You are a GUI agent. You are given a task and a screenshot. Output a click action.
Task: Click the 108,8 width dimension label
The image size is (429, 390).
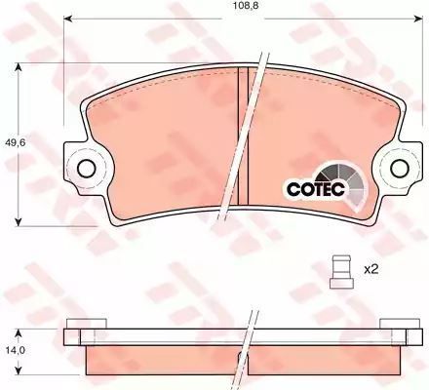(x=244, y=6)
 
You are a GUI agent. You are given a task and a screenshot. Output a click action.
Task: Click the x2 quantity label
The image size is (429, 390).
(x=371, y=269)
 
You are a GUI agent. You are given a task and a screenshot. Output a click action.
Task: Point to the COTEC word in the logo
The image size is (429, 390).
(x=315, y=189)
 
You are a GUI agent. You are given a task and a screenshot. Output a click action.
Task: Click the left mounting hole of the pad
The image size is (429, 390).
(x=87, y=169)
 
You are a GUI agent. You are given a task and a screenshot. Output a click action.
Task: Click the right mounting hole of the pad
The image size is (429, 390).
(x=400, y=168)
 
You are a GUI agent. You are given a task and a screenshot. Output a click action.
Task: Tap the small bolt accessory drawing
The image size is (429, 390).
(x=341, y=272)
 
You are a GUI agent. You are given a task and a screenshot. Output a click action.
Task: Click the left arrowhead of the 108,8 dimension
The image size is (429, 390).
(x=67, y=19)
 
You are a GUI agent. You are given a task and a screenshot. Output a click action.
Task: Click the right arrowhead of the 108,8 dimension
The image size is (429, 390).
(x=419, y=19)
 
